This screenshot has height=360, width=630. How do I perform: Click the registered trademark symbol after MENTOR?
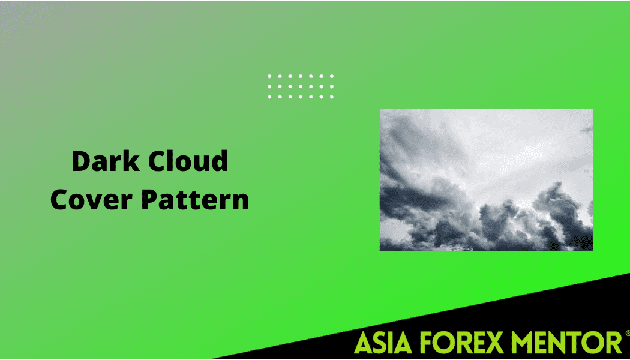click(x=627, y=332)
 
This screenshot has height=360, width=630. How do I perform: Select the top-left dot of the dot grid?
click(x=269, y=76)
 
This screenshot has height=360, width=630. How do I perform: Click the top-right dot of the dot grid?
click(x=332, y=76)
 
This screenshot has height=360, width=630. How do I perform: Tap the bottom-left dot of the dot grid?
click(x=269, y=97)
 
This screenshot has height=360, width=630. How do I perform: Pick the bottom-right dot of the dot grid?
click(x=332, y=97)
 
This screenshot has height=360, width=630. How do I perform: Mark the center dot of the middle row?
click(x=301, y=86)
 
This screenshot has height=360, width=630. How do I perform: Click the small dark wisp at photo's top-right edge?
click(x=586, y=130)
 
